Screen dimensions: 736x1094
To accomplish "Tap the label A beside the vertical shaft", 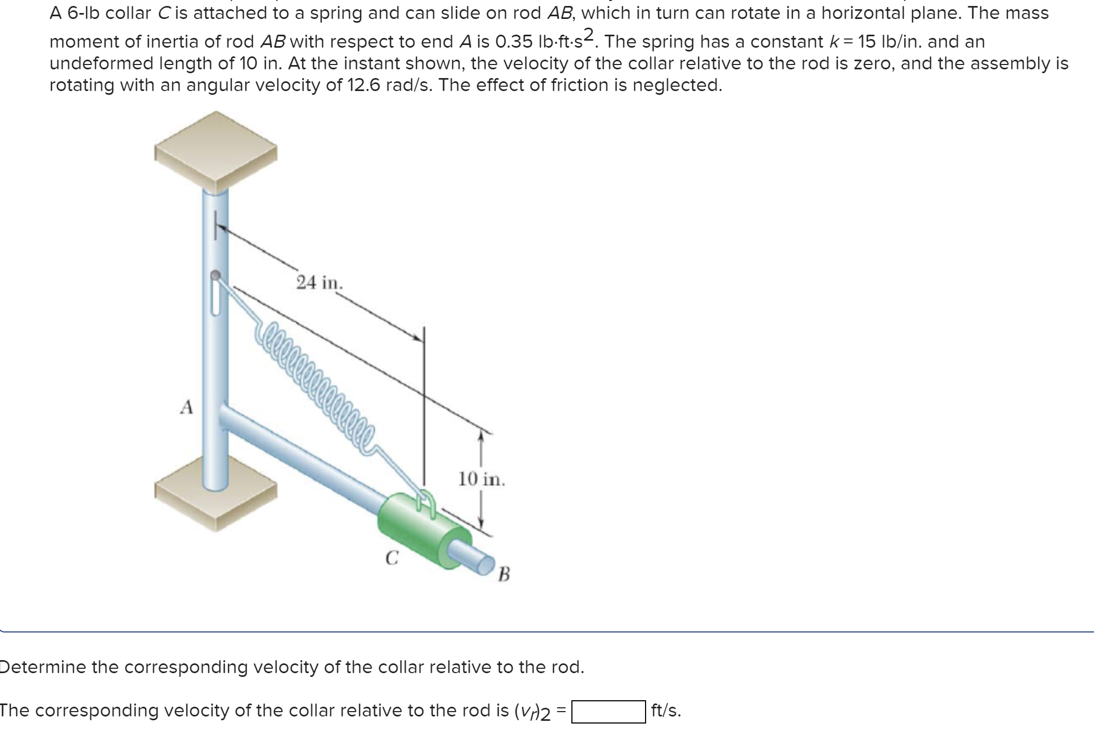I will tap(186, 406).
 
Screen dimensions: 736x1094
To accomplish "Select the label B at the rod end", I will tap(504, 573).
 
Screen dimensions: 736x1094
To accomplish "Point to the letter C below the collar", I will tap(392, 557).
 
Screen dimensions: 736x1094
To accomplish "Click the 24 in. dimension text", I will tap(320, 283).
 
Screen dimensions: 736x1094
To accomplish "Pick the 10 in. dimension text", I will tap(481, 479).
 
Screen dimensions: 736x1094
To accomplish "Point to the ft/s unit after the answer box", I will tap(666, 711).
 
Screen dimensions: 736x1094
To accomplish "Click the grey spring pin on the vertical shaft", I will tap(216, 276).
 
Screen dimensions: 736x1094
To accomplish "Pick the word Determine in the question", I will tap(44, 667).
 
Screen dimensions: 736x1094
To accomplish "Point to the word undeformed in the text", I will tap(99, 63).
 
